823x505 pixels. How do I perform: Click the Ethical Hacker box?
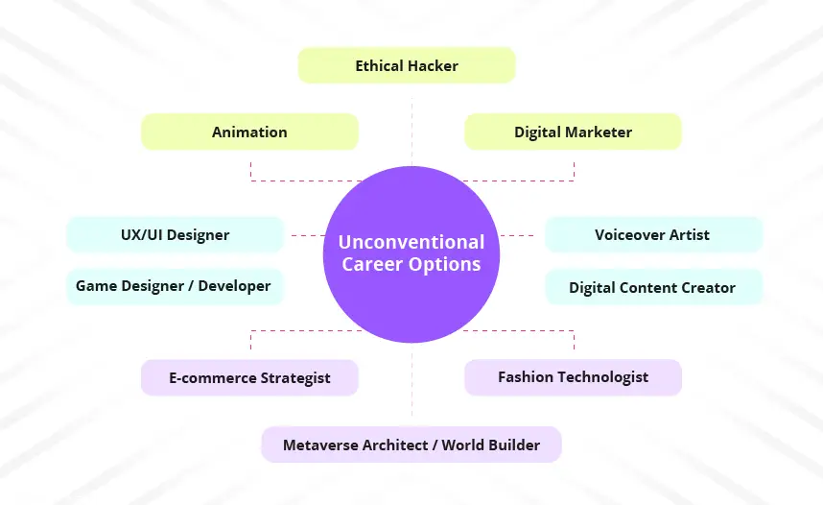pyautogui.click(x=407, y=65)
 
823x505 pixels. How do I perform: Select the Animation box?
pyautogui.click(x=249, y=132)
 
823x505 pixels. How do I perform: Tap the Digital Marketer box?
pyautogui.click(x=574, y=132)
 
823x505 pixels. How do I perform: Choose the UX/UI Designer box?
pyautogui.click(x=176, y=234)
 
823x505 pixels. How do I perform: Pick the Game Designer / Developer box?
pyautogui.click(x=176, y=286)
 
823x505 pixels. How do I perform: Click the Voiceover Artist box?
pyautogui.click(x=654, y=234)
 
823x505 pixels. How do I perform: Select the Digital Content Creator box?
pyautogui.click(x=654, y=287)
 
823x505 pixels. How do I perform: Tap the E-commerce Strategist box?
pyautogui.click(x=249, y=377)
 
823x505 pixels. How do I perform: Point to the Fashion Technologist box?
pyautogui.click(x=574, y=377)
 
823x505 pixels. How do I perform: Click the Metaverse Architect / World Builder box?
pyautogui.click(x=411, y=445)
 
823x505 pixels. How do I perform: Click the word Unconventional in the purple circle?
pyautogui.click(x=411, y=242)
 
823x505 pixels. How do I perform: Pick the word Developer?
pyautogui.click(x=234, y=286)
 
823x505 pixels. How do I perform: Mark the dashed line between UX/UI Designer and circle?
pyautogui.click(x=308, y=235)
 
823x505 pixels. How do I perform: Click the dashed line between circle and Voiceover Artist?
pyautogui.click(x=517, y=235)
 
